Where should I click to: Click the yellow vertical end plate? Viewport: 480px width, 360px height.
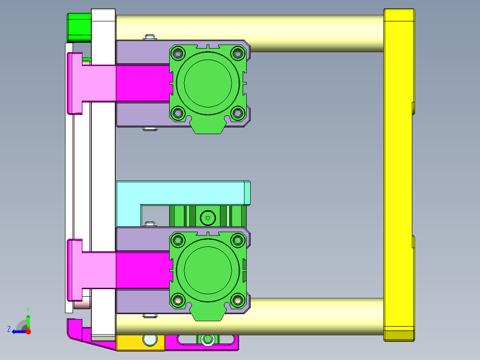point(399,175)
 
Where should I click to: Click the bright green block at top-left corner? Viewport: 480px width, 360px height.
point(79,28)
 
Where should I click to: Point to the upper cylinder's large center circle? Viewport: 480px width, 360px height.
point(208,83)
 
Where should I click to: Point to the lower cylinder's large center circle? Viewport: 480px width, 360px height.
point(208,270)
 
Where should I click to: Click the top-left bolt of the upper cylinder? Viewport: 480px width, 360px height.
point(178,53)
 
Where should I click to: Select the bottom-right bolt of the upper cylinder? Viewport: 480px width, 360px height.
point(238,113)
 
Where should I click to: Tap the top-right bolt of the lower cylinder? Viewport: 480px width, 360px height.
point(238,240)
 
